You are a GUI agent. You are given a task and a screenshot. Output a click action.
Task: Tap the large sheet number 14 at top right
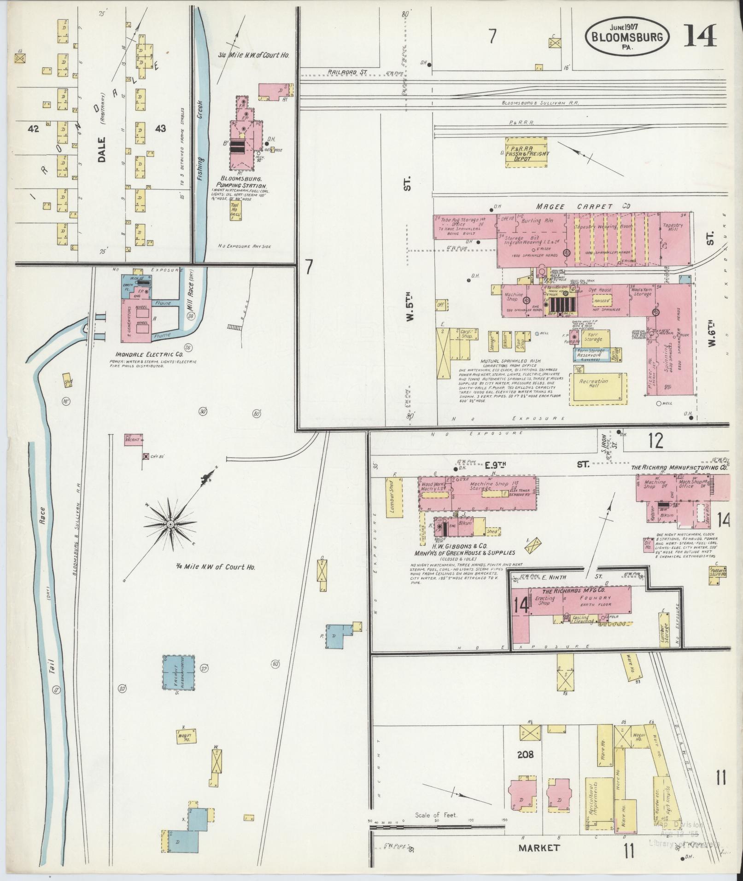click(700, 36)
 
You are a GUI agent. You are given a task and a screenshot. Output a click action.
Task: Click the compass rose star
click(170, 525)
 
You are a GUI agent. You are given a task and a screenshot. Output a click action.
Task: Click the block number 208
click(525, 754)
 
